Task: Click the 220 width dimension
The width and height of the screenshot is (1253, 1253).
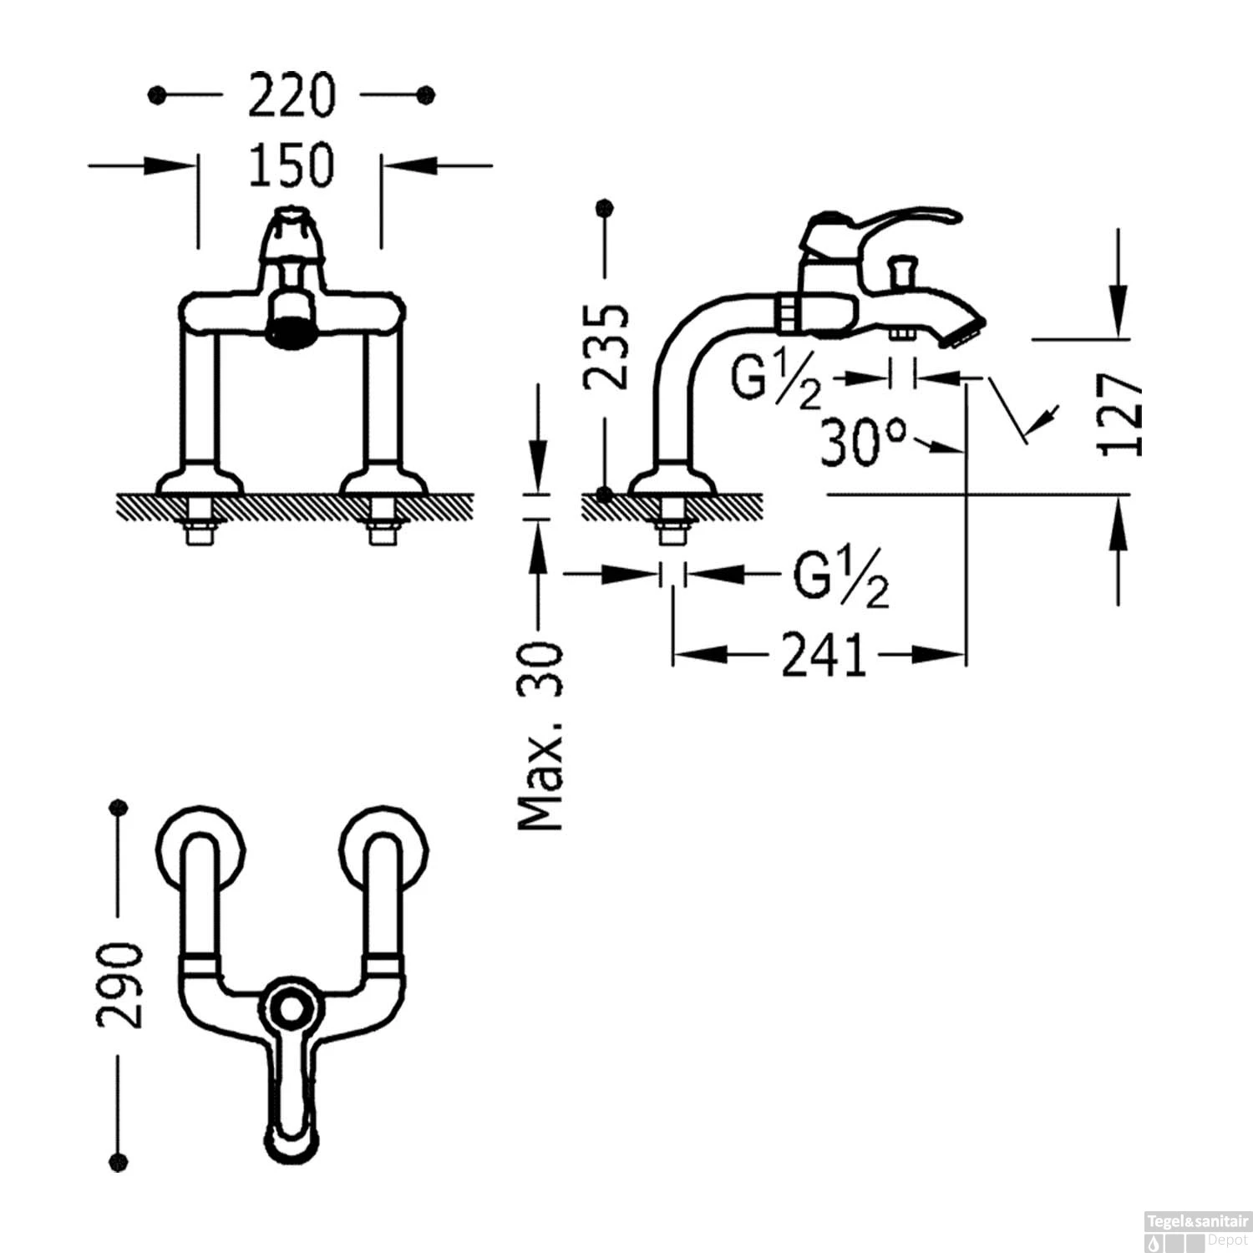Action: coord(292,95)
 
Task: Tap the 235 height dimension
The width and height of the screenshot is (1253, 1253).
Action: coord(606,347)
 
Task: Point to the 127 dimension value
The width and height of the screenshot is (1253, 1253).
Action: coord(1119,414)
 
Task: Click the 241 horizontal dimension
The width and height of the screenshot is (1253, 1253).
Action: coord(822,655)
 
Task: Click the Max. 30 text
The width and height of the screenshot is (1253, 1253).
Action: coord(540,736)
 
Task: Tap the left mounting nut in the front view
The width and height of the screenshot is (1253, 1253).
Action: coord(199,520)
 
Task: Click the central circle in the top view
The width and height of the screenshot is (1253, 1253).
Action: coord(290,1009)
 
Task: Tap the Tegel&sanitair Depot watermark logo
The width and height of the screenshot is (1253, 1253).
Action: coord(1196,1231)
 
